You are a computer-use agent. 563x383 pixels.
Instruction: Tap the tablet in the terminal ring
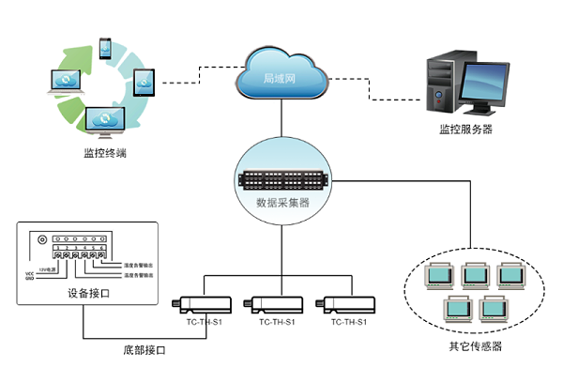pos(145,85)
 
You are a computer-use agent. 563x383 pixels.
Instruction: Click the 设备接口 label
pos(89,292)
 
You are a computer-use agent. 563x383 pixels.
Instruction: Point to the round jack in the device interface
pos(41,237)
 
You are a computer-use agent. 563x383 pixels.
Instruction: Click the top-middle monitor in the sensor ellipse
pos(474,274)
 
